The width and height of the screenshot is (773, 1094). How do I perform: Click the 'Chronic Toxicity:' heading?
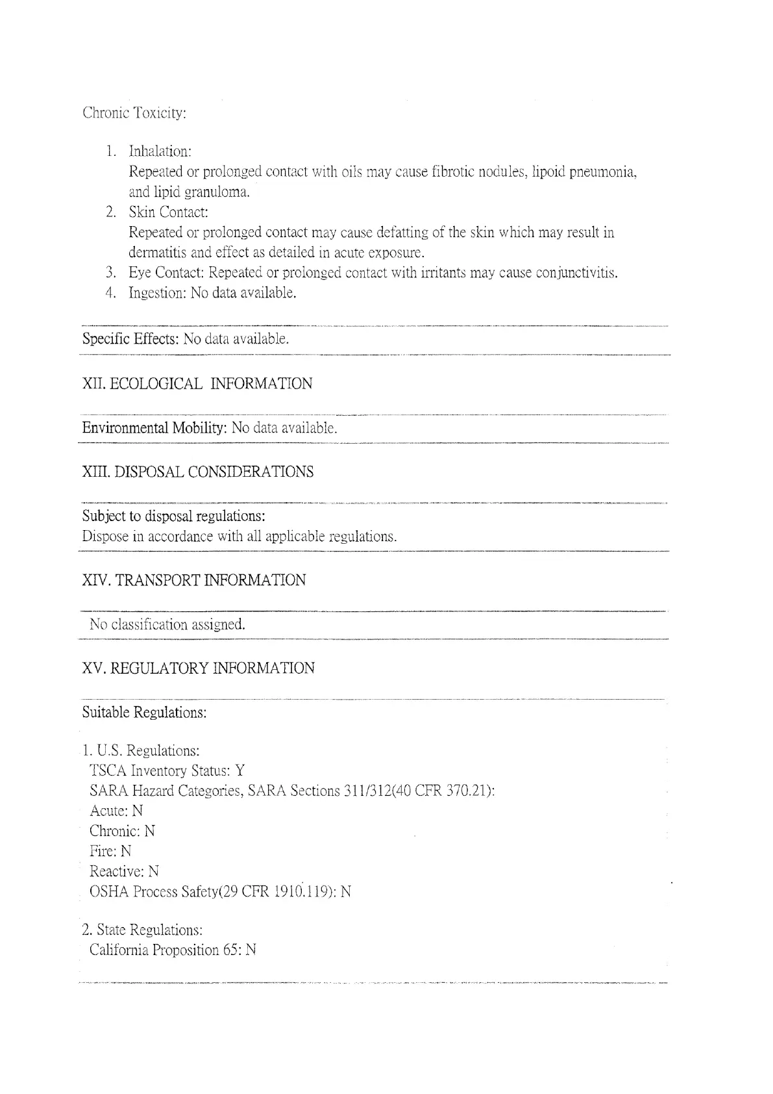tap(134, 113)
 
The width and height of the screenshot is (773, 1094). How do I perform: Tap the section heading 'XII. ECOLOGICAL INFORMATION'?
tap(197, 384)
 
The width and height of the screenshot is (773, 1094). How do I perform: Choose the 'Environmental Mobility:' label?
tap(154, 428)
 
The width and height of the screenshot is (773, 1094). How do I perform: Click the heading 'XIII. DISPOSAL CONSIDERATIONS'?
tap(198, 472)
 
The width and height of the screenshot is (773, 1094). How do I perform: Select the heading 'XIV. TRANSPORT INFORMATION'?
tap(194, 581)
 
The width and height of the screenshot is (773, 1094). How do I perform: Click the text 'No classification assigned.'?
tap(167, 625)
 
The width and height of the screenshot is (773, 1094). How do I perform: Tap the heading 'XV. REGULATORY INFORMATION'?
tap(199, 668)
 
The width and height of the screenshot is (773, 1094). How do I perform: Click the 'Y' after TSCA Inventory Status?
tap(240, 771)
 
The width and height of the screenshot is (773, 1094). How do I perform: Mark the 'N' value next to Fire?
tap(126, 852)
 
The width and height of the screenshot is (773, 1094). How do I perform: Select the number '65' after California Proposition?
tap(231, 950)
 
